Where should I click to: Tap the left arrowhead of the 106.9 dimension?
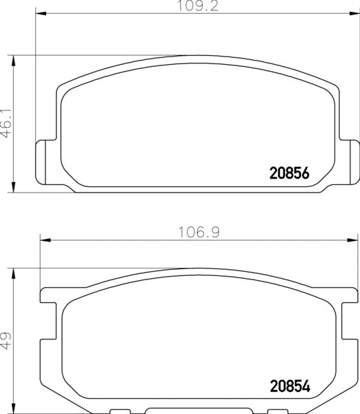(46, 239)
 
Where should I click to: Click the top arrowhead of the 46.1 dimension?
(14, 60)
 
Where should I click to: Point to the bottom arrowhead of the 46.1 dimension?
(14, 186)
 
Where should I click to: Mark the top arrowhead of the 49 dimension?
(14, 274)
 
